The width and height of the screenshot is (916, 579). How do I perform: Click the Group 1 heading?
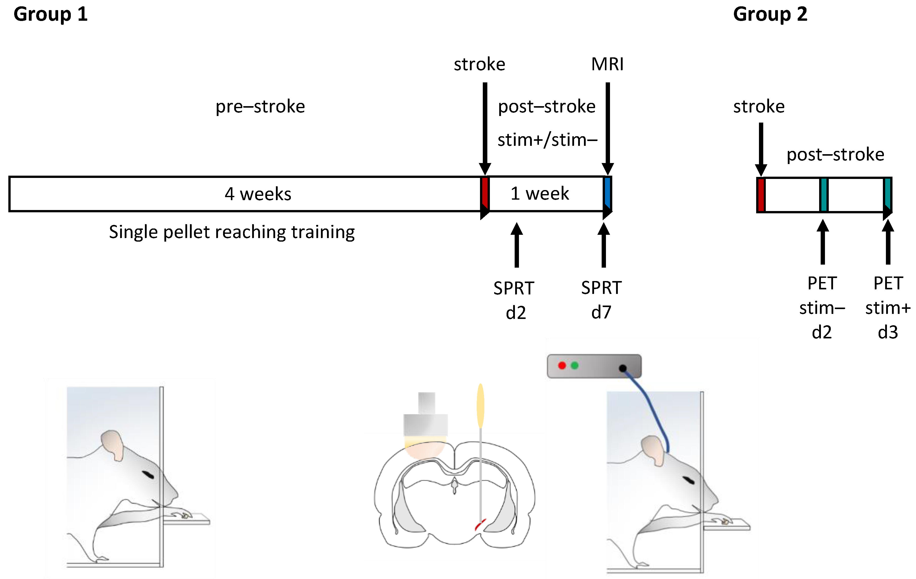(51, 14)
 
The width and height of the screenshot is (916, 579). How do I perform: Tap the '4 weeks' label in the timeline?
(258, 194)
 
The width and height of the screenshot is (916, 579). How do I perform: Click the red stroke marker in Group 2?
(761, 195)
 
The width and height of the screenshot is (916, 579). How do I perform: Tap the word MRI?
(607, 64)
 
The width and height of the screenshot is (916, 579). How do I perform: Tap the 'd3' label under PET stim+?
(888, 332)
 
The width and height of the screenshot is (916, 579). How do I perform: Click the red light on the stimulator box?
(562, 365)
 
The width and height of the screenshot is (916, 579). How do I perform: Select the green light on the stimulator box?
(575, 365)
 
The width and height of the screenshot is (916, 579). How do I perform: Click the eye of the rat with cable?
(689, 480)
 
